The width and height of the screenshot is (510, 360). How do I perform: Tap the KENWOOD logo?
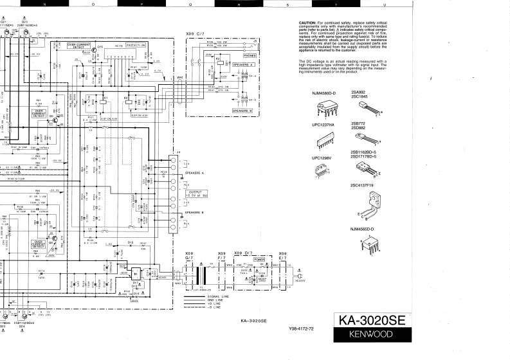pos(372,334)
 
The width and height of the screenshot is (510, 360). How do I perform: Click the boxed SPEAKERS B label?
pos(242,110)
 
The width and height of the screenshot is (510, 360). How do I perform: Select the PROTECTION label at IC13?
pos(136,46)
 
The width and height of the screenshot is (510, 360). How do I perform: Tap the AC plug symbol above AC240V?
pos(300,273)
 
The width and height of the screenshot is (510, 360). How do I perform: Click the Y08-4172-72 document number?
pos(301,329)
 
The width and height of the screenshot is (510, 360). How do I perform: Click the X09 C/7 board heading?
pos(196,33)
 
